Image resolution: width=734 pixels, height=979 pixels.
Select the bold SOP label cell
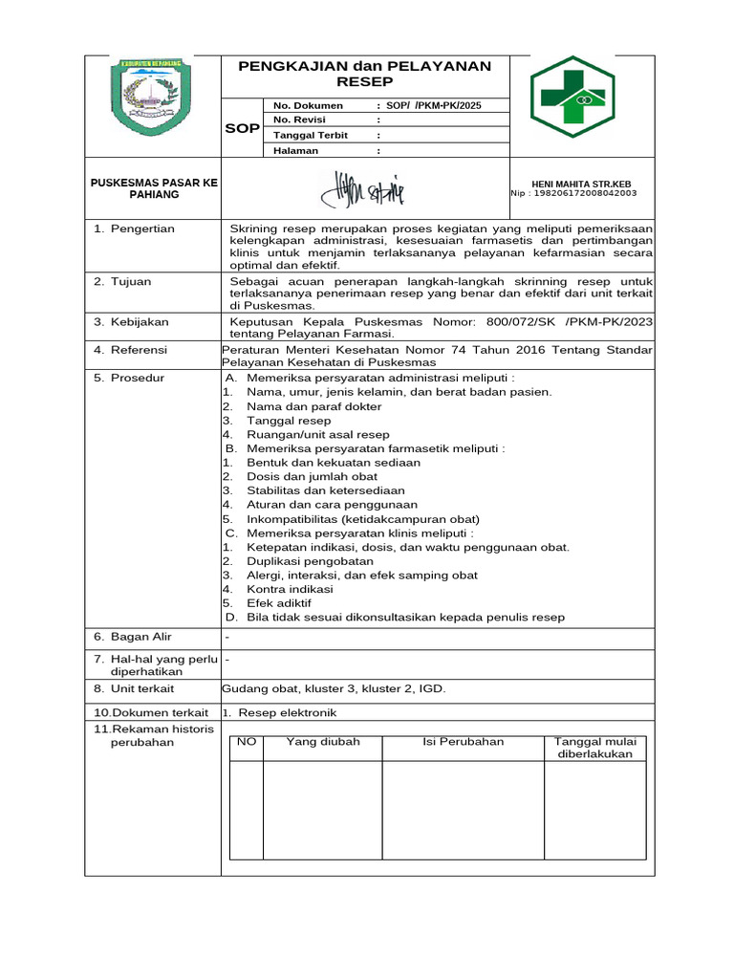tap(242, 128)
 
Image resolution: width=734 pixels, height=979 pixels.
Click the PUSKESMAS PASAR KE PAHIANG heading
tap(153, 188)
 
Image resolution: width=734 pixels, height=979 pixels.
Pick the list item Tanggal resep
tap(289, 421)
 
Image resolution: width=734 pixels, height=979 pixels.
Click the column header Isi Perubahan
tap(463, 742)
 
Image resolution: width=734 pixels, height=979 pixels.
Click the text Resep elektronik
tap(288, 712)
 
